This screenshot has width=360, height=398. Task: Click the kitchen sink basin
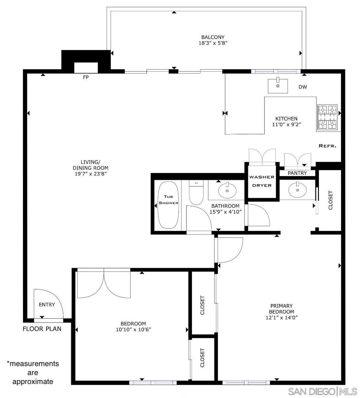pyautogui.click(x=278, y=86)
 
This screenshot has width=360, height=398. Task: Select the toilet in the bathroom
pyautogui.click(x=196, y=192)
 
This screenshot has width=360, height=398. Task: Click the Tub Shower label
pyautogui.click(x=168, y=199)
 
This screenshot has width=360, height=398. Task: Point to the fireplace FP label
pyautogui.click(x=86, y=77)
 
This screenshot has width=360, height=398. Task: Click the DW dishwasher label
pyautogui.click(x=303, y=87)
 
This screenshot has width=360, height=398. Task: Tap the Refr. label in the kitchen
pyautogui.click(x=327, y=146)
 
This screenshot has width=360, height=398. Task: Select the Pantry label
pyautogui.click(x=297, y=173)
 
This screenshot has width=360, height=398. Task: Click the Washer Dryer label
pyautogui.click(x=262, y=181)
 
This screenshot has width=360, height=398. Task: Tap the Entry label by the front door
pyautogui.click(x=47, y=305)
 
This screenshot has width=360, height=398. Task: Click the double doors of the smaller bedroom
pyautogui.click(x=104, y=283)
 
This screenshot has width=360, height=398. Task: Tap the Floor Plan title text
pyautogui.click(x=42, y=329)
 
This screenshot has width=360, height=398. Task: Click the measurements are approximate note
pyautogui.click(x=33, y=372)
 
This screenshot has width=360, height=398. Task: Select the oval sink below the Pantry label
pyautogui.click(x=297, y=190)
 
